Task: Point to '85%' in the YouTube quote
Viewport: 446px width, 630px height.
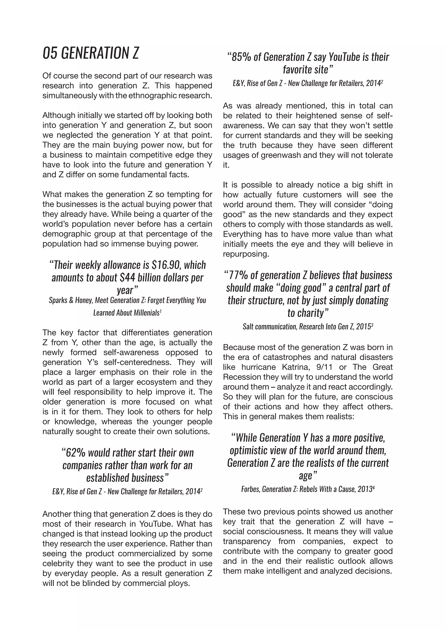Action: tap(241, 57)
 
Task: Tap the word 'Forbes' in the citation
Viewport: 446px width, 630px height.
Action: tap(250, 489)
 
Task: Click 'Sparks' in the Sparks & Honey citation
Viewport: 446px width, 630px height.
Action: tap(57, 300)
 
